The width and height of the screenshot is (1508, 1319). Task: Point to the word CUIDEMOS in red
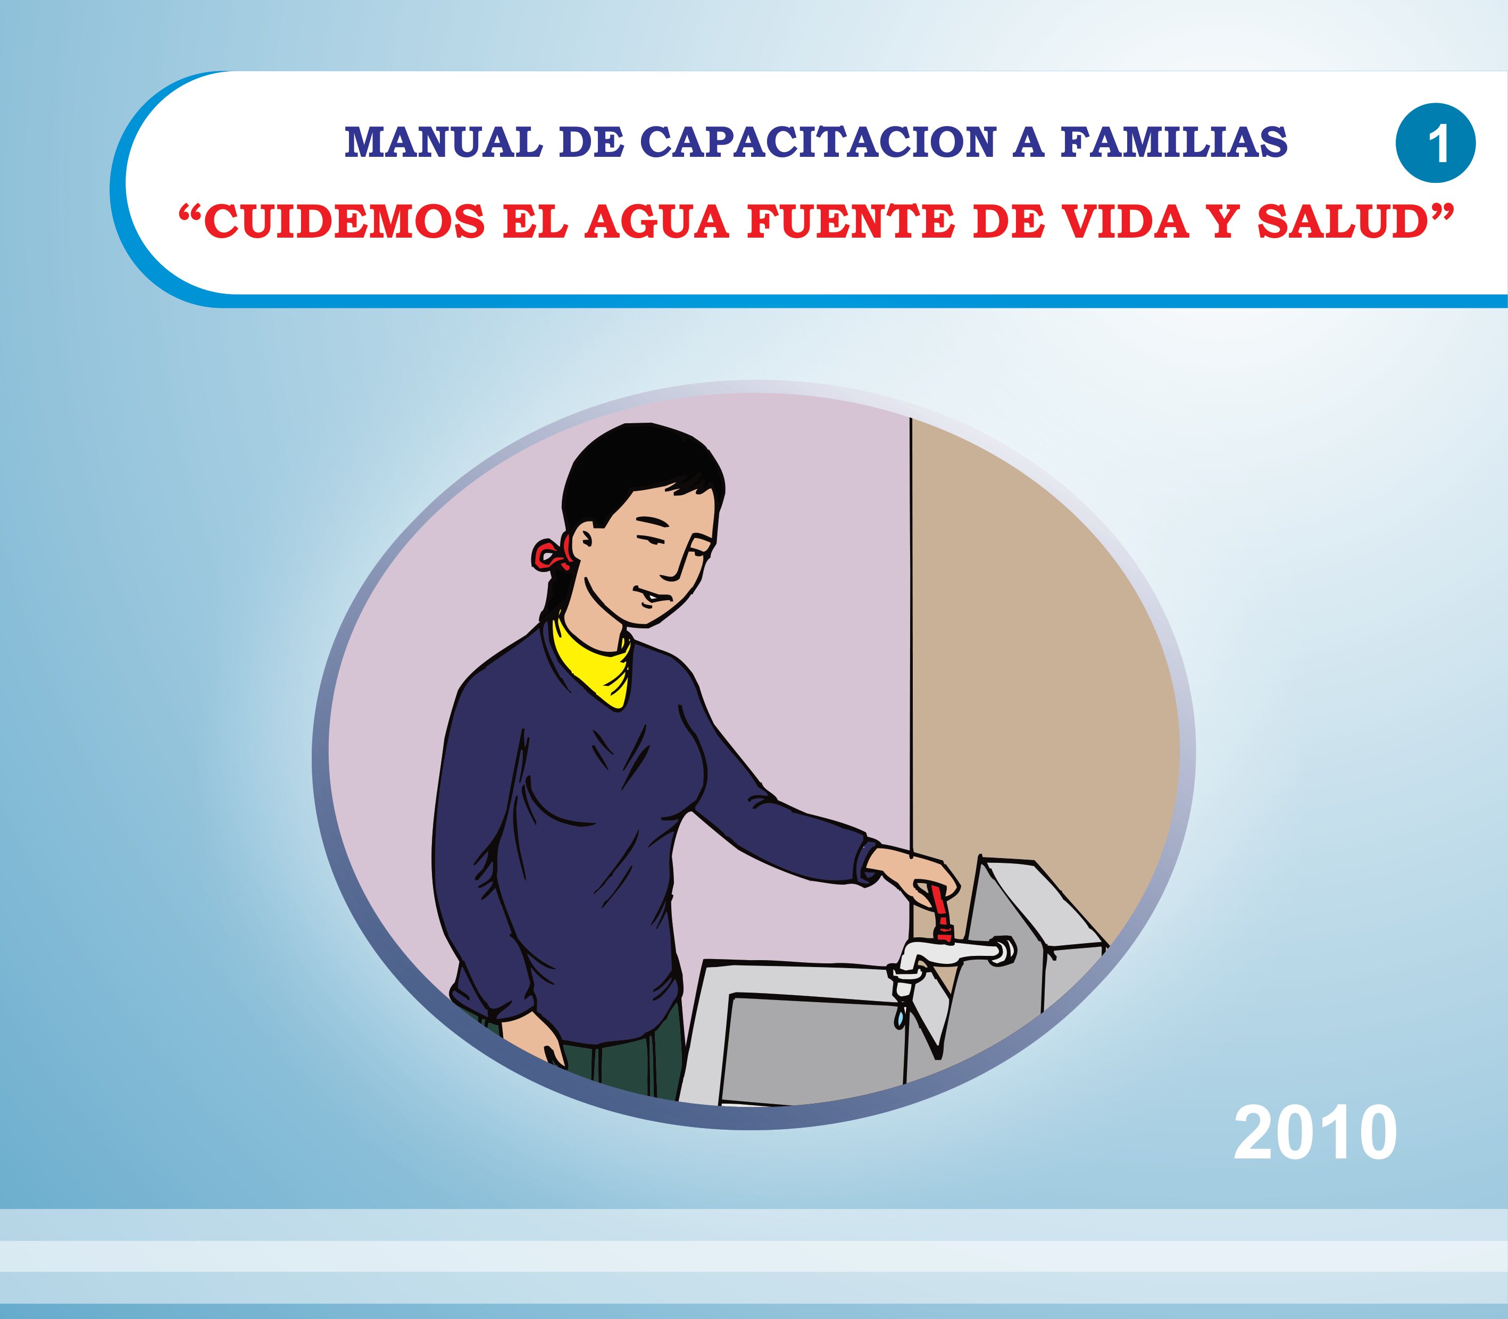(x=343, y=222)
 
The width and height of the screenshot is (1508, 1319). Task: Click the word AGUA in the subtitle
(x=656, y=222)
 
